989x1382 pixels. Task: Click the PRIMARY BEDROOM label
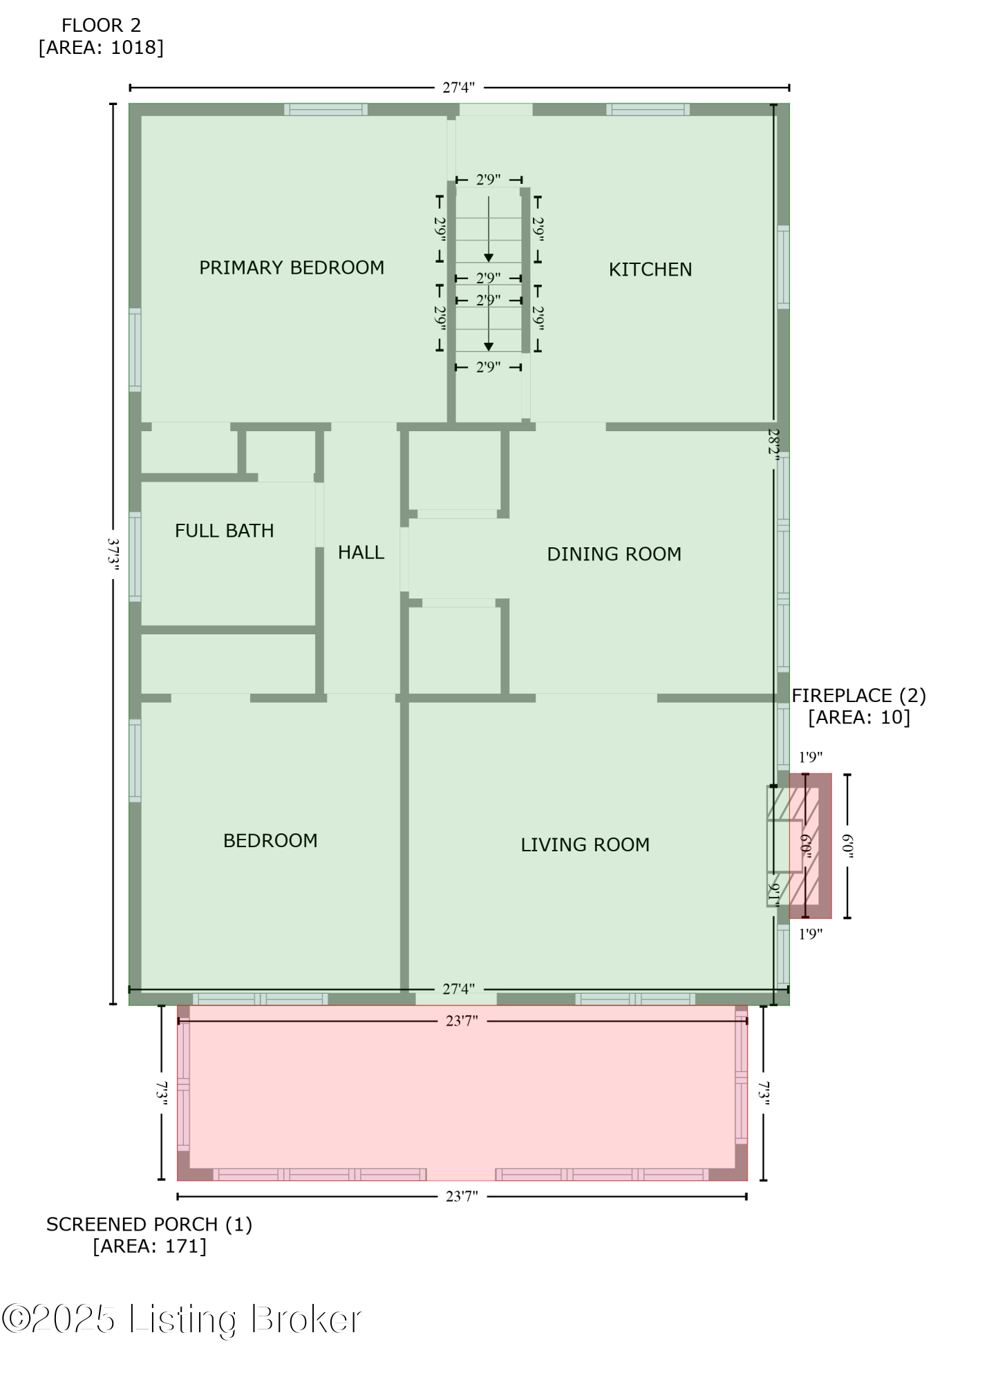(x=292, y=267)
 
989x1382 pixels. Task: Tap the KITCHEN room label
(x=650, y=269)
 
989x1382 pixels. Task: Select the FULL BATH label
(x=224, y=531)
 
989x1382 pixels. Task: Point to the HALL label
(x=361, y=552)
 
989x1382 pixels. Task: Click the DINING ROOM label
(x=614, y=554)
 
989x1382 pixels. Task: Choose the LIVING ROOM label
(x=585, y=844)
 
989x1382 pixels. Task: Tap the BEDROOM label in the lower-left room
(x=270, y=840)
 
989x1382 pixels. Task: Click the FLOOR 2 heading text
(x=101, y=26)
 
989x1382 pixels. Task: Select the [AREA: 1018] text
(x=101, y=48)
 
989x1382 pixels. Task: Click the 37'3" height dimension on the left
(x=114, y=555)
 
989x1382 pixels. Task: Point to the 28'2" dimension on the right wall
(x=773, y=442)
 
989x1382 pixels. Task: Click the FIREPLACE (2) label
(x=858, y=695)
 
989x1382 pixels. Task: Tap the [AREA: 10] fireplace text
(x=858, y=717)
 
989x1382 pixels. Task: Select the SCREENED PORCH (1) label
(x=149, y=1224)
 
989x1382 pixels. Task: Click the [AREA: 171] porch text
(x=149, y=1246)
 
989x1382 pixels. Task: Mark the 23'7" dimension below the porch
(x=462, y=1196)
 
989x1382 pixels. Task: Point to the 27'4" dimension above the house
(x=459, y=88)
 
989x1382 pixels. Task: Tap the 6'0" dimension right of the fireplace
(x=847, y=846)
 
